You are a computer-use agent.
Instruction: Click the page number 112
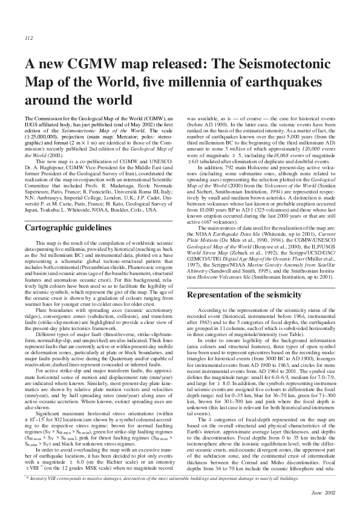click(28, 37)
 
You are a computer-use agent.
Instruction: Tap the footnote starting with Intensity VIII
click(182, 478)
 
